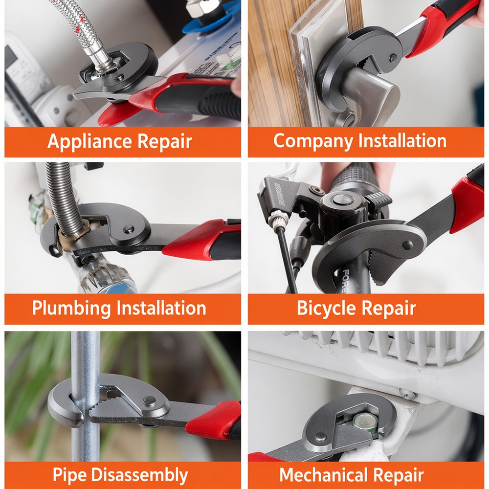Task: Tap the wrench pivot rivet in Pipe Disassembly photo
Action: click(150, 401)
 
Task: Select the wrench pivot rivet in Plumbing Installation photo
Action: click(128, 228)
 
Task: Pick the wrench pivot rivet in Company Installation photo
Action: click(393, 57)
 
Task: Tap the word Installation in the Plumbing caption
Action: click(161, 309)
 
